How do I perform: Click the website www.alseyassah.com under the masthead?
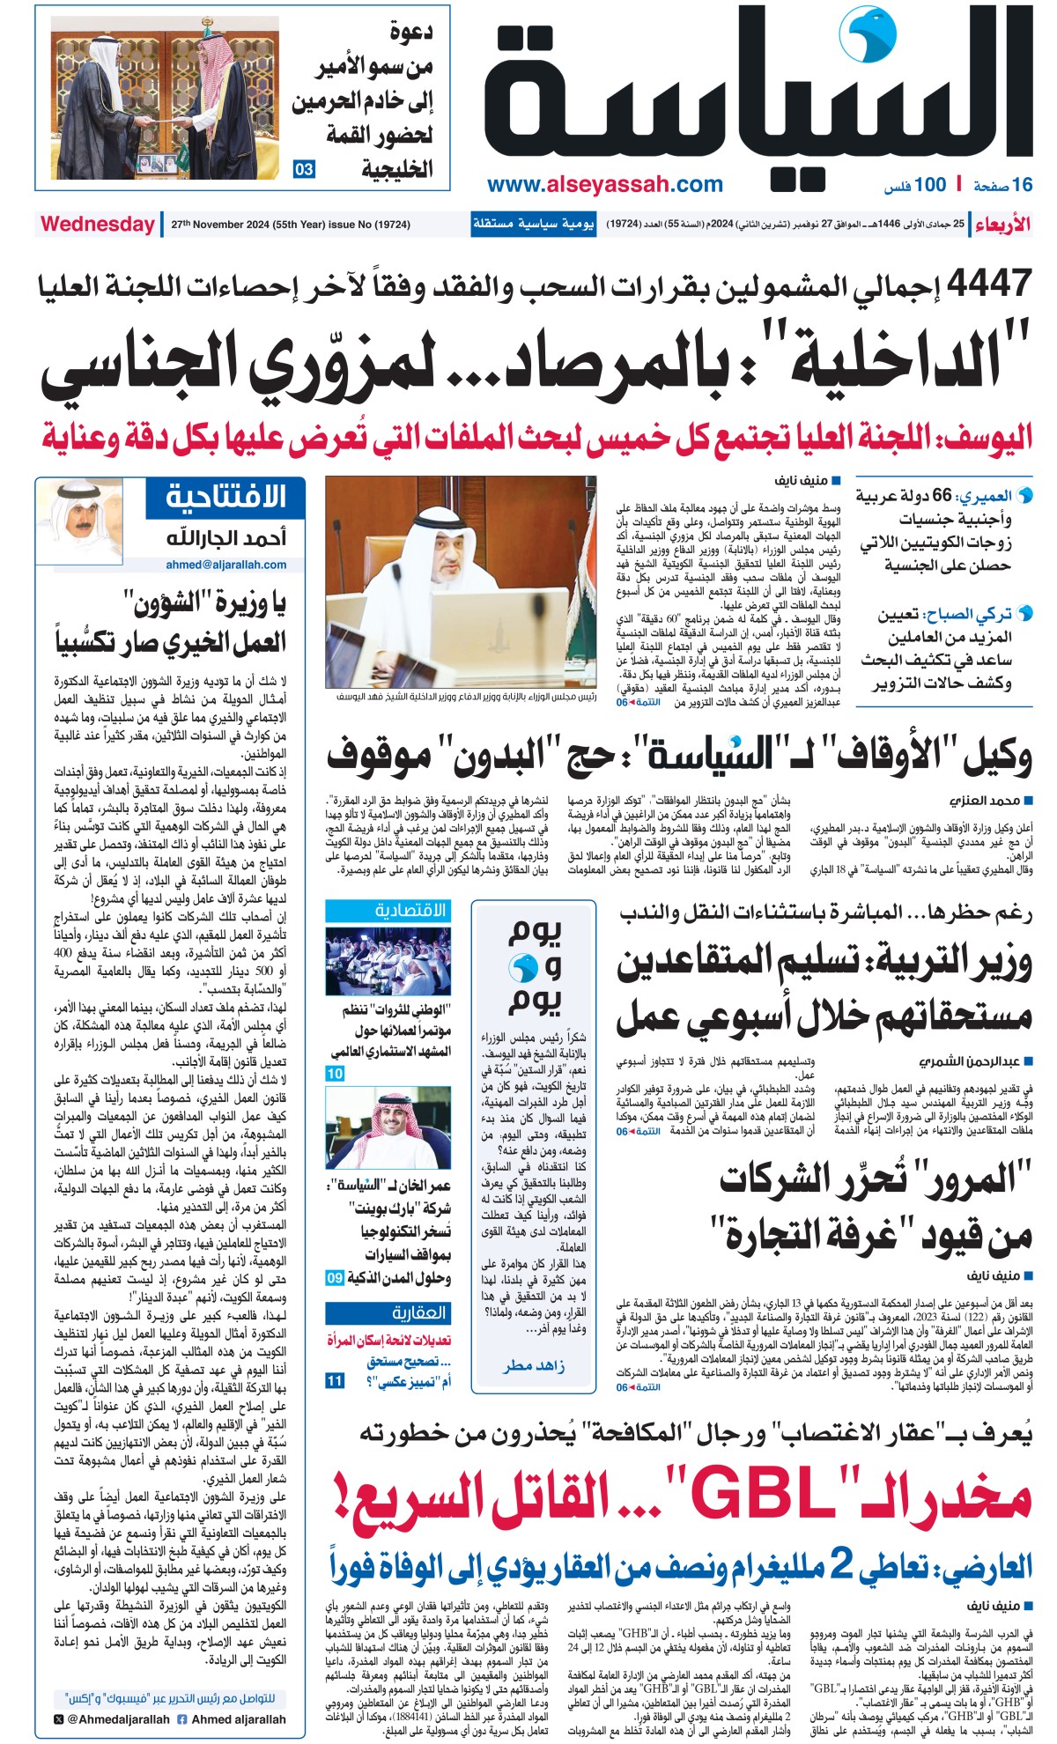click(x=604, y=184)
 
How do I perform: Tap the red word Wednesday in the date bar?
click(x=97, y=224)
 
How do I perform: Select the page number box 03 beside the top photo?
click(x=304, y=169)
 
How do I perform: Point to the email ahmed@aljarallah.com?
click(x=225, y=565)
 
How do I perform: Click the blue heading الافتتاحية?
click(x=226, y=498)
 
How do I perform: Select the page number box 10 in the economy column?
click(x=335, y=1073)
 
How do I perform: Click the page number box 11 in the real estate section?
click(x=335, y=1380)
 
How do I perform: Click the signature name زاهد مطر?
click(x=534, y=1366)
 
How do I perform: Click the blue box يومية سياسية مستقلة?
click(x=533, y=224)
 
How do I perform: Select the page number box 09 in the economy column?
click(x=335, y=1277)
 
